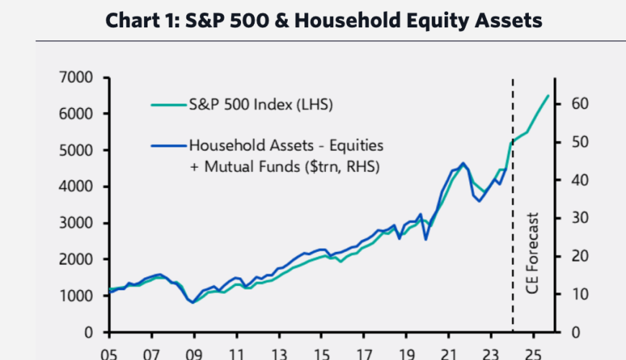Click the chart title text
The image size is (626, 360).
(x=324, y=20)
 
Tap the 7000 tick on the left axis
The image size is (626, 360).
(x=76, y=77)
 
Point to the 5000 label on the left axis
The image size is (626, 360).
(x=76, y=150)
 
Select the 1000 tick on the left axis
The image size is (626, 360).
(x=76, y=296)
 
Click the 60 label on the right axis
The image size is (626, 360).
(x=580, y=104)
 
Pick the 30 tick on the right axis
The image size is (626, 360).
(x=580, y=218)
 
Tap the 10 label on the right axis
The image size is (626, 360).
(x=580, y=294)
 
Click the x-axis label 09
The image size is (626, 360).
(x=194, y=354)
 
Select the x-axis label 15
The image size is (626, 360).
(x=322, y=354)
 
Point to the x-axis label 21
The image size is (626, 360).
(x=449, y=354)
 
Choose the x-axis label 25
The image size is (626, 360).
(x=533, y=354)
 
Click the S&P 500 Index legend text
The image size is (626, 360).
(x=260, y=104)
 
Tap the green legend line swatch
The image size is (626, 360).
(x=169, y=105)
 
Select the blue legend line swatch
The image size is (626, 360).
(x=169, y=146)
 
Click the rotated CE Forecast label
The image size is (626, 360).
(x=532, y=253)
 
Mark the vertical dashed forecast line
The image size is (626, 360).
(x=513, y=205)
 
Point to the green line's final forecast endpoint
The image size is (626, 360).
(x=548, y=96)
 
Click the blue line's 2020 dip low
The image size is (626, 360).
(x=425, y=239)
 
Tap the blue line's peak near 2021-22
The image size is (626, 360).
(x=463, y=163)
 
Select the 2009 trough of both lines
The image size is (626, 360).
(x=194, y=302)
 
